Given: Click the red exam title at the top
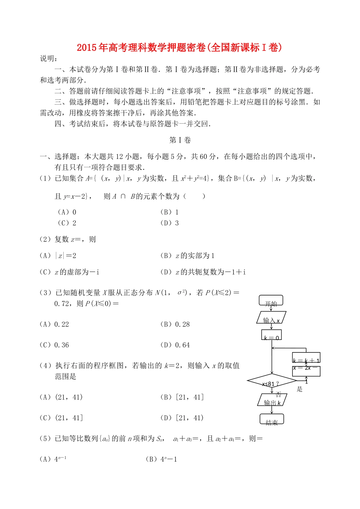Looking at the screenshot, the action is point(179,47).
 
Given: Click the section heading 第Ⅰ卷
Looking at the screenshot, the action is point(180,140).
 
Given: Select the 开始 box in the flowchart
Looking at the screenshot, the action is point(271,301).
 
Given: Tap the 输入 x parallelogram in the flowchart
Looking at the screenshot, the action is point(271,318).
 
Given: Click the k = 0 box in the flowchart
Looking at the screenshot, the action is point(271,335).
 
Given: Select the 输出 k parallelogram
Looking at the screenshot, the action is point(272,400).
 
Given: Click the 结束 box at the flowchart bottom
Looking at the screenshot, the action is point(272,419).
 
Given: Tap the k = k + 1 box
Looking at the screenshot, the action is point(306,358).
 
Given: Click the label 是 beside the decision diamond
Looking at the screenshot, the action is point(300,389).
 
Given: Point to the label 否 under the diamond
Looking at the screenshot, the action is point(279,394).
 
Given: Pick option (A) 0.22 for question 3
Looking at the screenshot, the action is point(55,324).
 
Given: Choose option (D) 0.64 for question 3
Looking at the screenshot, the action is point(175,345).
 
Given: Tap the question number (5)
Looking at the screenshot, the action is point(45,438).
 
